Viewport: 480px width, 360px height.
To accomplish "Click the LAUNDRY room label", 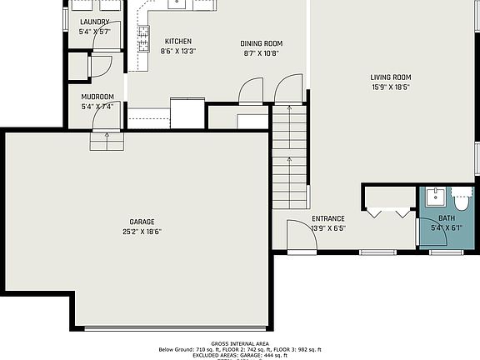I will point(94,22).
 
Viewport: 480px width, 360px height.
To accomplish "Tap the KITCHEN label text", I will point(177,42).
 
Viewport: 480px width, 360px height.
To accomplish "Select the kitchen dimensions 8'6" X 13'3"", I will point(177,52).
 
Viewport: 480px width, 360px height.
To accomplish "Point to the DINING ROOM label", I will point(262,43).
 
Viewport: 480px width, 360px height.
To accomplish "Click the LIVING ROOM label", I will point(391,77).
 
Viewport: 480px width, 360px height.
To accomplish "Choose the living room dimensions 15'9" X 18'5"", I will point(391,87).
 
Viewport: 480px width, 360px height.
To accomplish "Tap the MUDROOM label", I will point(97,97).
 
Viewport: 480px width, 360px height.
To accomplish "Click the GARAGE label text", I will point(142,222).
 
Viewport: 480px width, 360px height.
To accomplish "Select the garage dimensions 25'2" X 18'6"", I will point(142,232).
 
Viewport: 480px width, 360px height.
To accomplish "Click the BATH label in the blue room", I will point(447,218).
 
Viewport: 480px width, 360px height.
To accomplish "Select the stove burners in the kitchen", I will point(143,38).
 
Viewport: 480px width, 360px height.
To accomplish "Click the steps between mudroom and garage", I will point(107,142).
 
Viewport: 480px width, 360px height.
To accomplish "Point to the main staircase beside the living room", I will point(289,158).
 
